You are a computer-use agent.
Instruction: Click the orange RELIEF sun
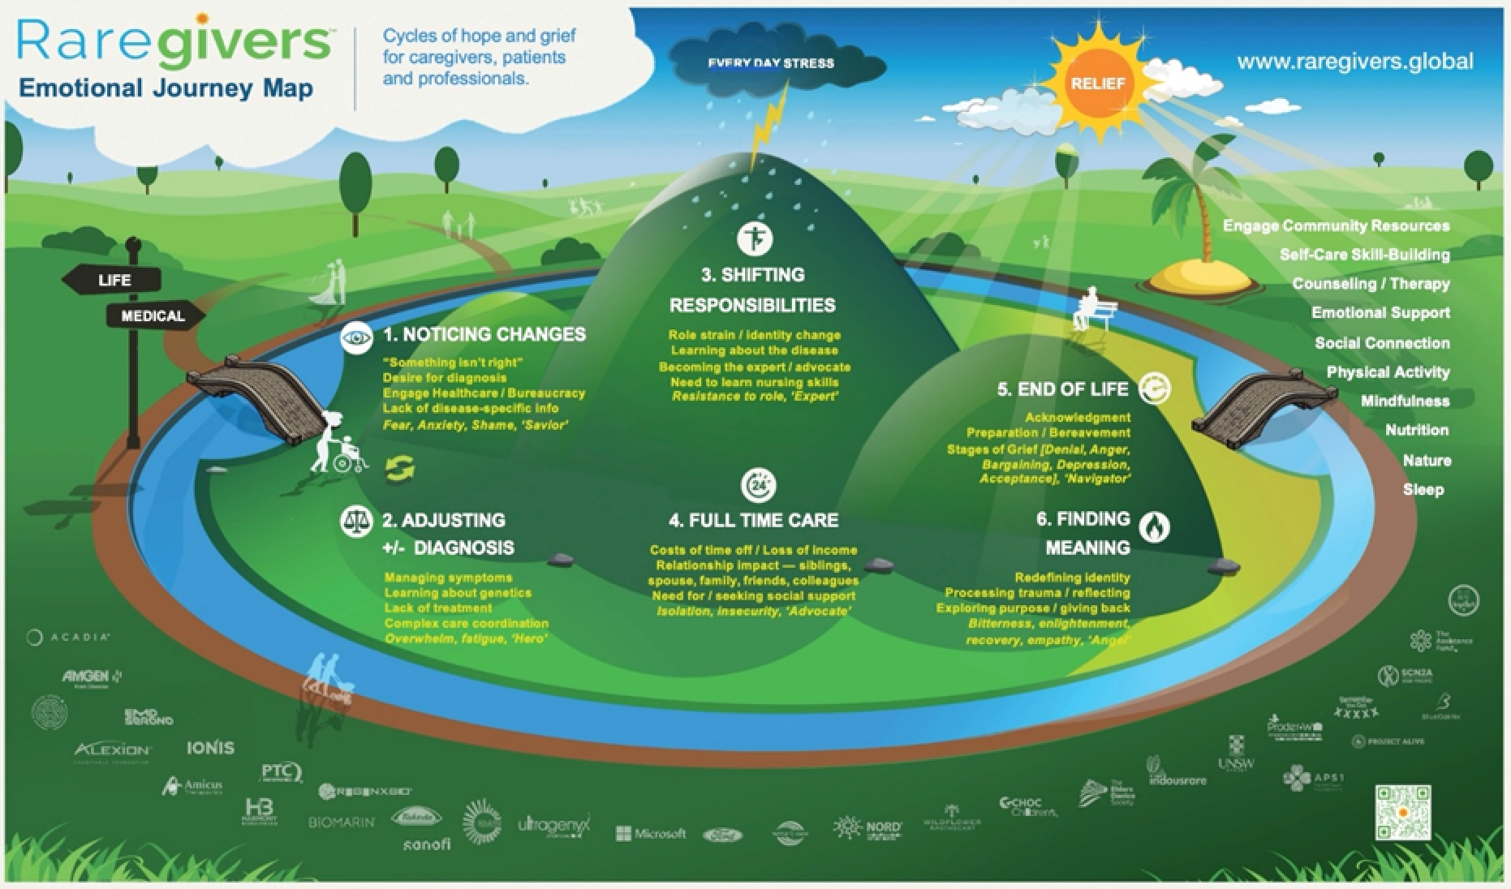[1097, 83]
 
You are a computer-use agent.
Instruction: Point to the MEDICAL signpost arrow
[154, 316]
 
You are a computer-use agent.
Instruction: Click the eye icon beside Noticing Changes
[356, 336]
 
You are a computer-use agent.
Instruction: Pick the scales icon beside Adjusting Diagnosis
[355, 520]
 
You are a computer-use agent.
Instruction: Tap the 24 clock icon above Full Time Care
[758, 485]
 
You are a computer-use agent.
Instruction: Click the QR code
[1402, 811]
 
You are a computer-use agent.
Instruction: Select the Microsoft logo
[650, 833]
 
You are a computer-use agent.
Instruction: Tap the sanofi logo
[427, 844]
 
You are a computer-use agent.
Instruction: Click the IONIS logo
[210, 747]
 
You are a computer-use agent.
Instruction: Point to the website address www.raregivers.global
[1354, 62]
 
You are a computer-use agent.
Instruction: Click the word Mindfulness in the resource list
[1405, 402]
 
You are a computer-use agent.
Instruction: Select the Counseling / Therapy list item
[1371, 284]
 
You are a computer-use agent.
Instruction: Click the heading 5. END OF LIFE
[1062, 389]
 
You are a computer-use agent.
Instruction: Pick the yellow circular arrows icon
[400, 468]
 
